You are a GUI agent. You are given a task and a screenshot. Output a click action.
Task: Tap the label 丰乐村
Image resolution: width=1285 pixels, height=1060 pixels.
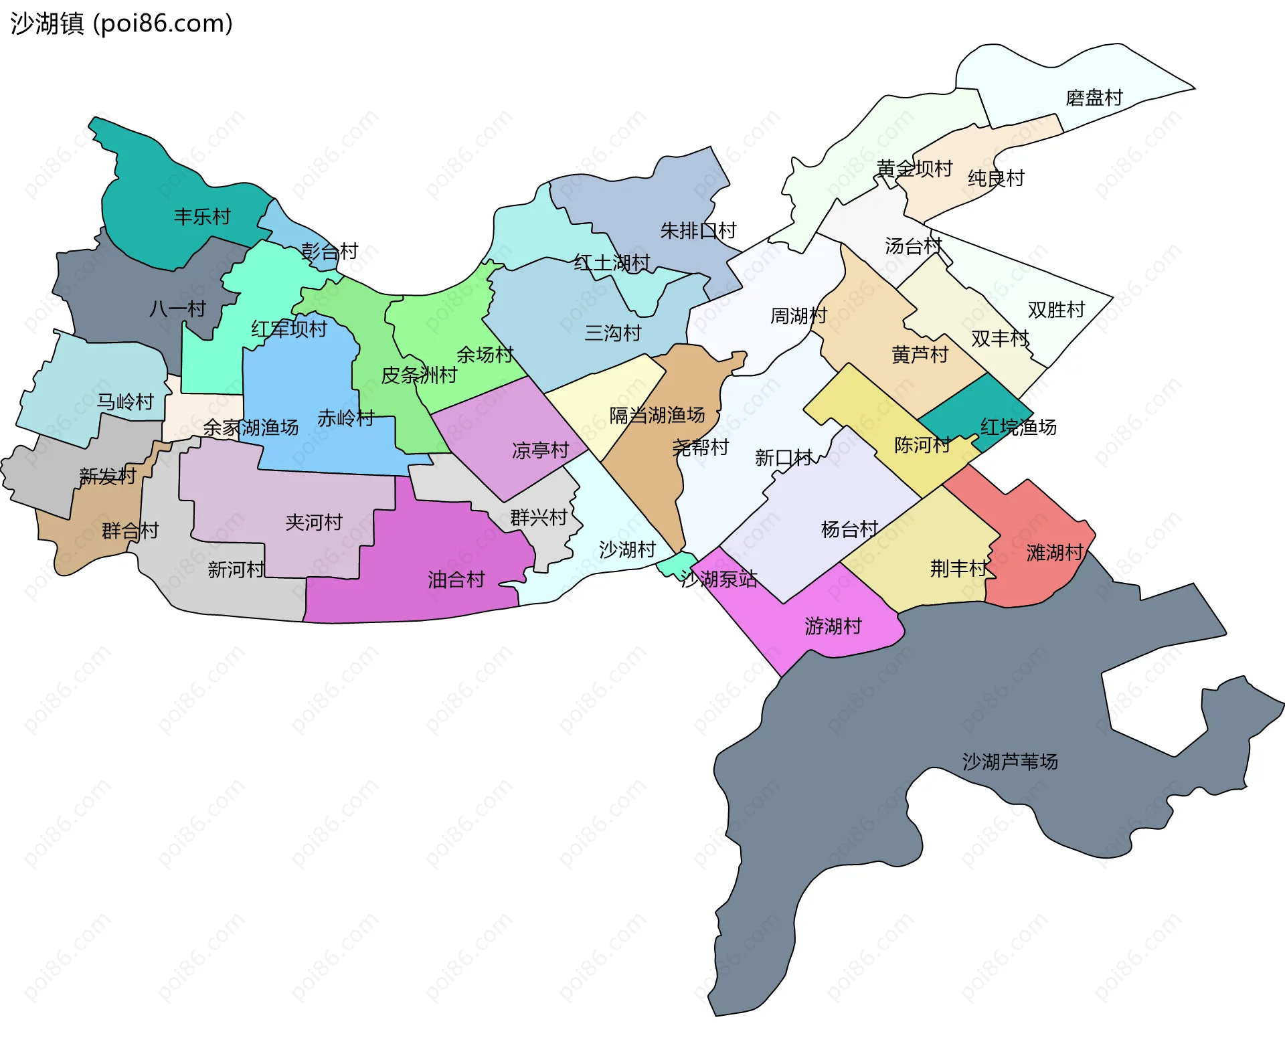(x=202, y=217)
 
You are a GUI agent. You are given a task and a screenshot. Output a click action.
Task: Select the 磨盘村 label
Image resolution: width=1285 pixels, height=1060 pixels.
(x=1094, y=98)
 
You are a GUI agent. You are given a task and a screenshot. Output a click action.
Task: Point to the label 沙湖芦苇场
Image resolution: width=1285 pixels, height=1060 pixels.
(x=1010, y=762)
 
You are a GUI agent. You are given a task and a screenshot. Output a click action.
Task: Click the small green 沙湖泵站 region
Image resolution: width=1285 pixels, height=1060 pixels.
(x=676, y=563)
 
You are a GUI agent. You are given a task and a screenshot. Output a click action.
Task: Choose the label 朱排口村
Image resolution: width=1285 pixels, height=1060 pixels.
(x=698, y=231)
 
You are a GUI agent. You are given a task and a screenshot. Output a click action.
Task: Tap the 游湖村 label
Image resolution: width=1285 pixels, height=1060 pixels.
(x=833, y=626)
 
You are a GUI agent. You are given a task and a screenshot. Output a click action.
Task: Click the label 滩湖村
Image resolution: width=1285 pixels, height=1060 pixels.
(x=1055, y=553)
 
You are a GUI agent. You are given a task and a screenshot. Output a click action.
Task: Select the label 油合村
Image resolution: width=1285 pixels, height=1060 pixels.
(x=456, y=580)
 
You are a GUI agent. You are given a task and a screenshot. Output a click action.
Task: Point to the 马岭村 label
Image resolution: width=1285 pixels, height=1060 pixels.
(x=126, y=402)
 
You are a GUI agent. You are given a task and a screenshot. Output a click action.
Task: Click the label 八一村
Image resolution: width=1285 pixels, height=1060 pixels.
(x=177, y=309)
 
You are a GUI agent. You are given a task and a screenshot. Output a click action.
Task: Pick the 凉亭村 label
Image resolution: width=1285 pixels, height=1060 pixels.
(x=540, y=450)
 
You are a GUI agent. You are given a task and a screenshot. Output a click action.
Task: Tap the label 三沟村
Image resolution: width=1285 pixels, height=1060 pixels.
(x=613, y=333)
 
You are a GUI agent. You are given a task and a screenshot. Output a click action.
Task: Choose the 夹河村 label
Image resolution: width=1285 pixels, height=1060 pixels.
(x=314, y=522)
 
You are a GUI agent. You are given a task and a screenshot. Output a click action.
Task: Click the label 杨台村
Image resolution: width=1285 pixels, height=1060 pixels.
(x=849, y=529)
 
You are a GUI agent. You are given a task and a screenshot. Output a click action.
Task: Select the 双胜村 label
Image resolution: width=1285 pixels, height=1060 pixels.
(x=1056, y=310)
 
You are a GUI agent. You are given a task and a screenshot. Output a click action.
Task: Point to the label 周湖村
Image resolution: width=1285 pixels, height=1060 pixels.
(x=799, y=315)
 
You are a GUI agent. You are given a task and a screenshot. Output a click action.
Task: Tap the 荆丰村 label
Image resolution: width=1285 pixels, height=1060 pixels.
(x=958, y=569)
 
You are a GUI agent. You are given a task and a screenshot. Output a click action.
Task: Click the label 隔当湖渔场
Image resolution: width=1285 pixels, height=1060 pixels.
(x=657, y=416)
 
